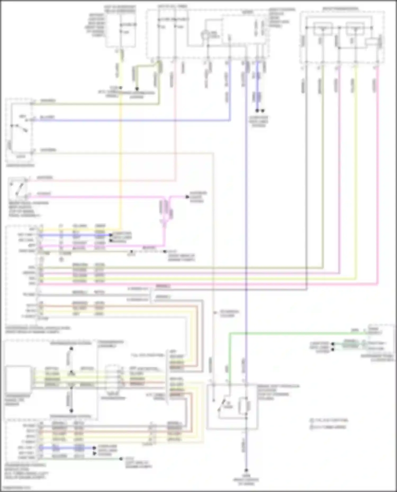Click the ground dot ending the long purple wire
tap(246, 470)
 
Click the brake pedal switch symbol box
tap(18, 188)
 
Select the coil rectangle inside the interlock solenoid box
tap(243, 406)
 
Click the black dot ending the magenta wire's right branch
tap(187, 197)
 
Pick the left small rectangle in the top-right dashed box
tap(322, 29)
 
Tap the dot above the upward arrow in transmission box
tap(71, 349)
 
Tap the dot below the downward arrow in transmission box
tap(71, 411)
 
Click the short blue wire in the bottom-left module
tap(66, 448)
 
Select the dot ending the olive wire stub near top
tap(137, 89)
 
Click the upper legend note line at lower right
tap(330, 420)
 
